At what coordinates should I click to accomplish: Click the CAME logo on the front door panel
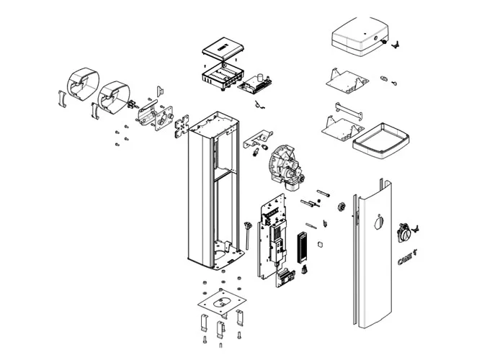point(406,258)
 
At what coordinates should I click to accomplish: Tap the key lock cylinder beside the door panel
point(405,233)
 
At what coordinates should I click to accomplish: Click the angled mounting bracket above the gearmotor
point(258,136)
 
